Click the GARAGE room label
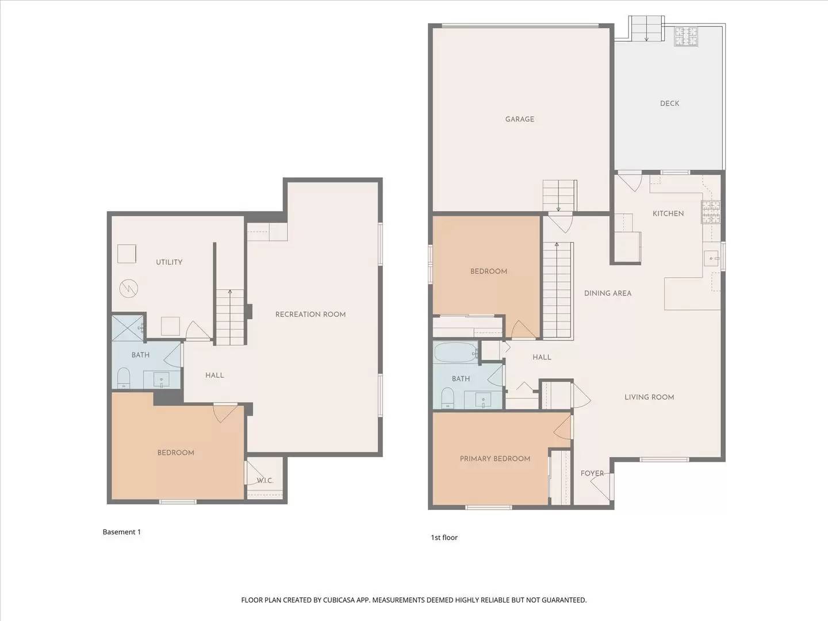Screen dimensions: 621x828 519,119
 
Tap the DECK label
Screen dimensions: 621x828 669,103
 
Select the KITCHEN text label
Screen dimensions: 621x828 668,213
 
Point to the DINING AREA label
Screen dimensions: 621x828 607,293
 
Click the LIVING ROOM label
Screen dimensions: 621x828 649,397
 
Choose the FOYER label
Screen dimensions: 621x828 592,473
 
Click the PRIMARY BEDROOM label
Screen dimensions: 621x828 494,459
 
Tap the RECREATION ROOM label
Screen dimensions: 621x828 310,315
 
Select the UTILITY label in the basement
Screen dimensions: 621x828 169,262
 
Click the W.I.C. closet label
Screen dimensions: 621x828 264,481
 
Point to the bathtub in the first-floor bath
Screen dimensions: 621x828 455,352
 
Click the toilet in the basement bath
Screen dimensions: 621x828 124,378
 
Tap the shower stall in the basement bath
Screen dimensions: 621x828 128,328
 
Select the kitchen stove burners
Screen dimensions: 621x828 710,212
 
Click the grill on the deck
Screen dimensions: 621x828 685,36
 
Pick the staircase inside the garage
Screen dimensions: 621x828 559,195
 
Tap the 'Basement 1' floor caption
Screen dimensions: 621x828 121,532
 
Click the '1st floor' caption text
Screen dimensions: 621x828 444,538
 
